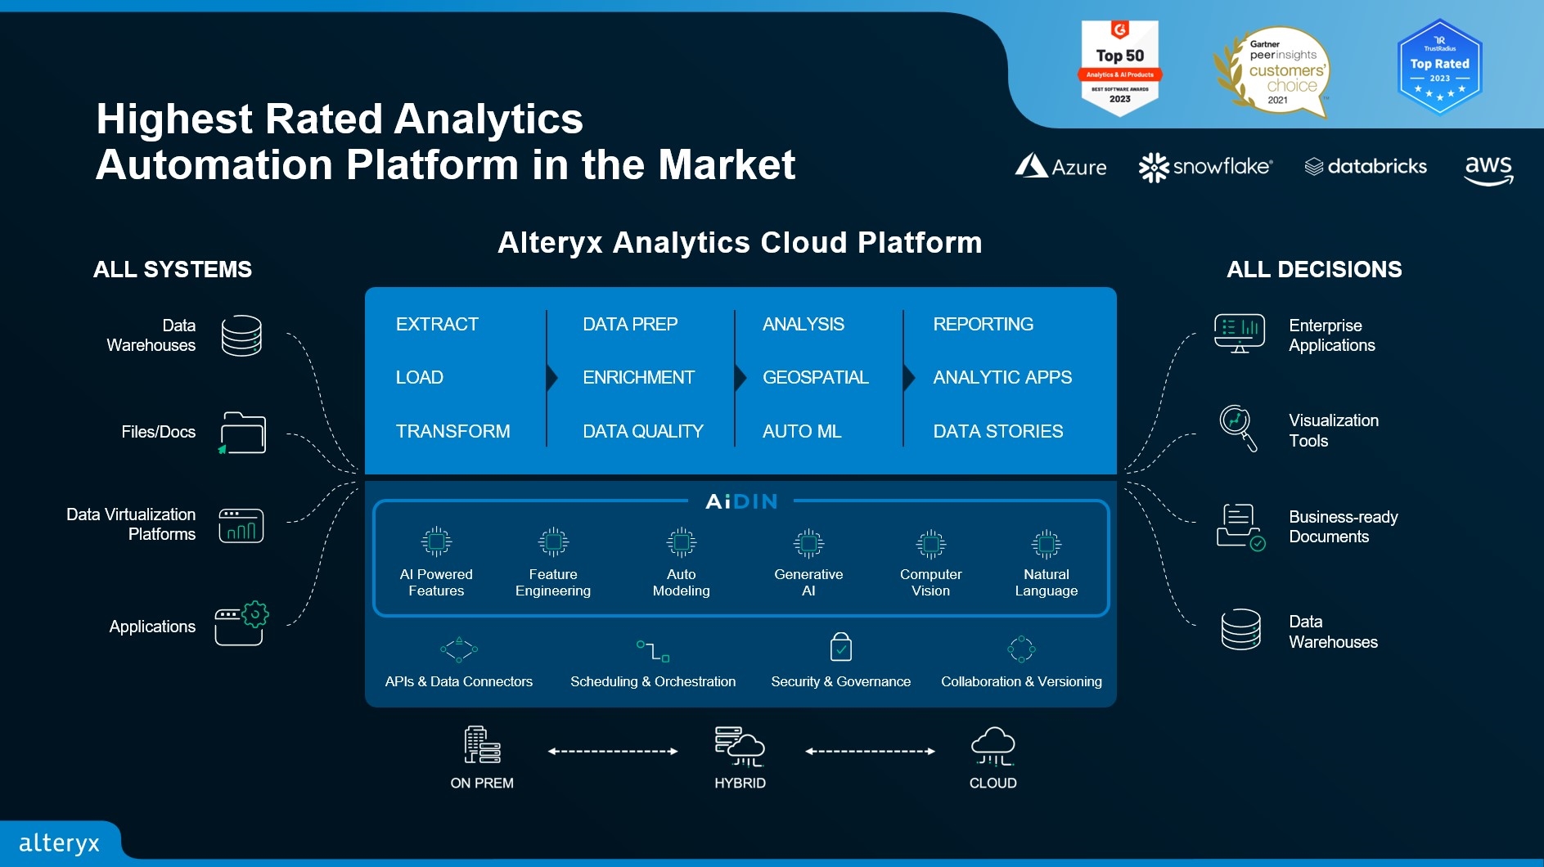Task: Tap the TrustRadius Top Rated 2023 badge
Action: tap(1439, 68)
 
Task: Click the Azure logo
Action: tap(1060, 166)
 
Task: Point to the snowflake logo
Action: tap(1205, 167)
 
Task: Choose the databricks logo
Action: tap(1366, 166)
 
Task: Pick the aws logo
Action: tap(1488, 169)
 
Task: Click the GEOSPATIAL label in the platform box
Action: tap(815, 377)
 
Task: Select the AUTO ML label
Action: tap(801, 431)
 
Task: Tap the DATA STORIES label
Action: tap(997, 431)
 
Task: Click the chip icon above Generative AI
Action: tap(808, 543)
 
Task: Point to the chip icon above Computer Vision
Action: tap(930, 543)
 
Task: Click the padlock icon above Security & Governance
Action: tap(840, 647)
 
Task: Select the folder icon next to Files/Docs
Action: tap(242, 433)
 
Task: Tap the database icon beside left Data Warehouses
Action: tap(241, 335)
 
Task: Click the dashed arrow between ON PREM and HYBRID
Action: tap(613, 751)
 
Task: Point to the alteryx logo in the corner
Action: tap(59, 842)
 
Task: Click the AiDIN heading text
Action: tap(741, 501)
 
